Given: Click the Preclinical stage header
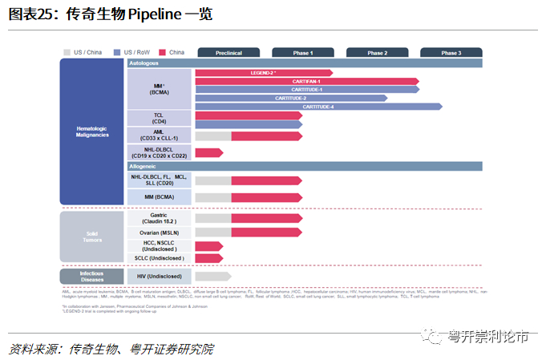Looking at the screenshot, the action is tap(229, 53).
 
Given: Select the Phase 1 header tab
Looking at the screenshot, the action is tap(303, 53).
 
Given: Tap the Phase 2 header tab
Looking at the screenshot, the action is tap(377, 53).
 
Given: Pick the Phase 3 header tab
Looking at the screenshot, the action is tap(451, 53).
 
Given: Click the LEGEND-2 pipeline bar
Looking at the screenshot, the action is tap(263, 73).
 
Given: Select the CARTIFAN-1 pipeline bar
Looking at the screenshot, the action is tap(306, 81).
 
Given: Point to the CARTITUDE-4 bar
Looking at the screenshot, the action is tap(317, 107).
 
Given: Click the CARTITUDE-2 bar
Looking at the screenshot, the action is tap(290, 98).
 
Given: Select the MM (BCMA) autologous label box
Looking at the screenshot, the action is tap(159, 89).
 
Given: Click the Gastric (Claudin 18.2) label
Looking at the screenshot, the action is tap(159, 218).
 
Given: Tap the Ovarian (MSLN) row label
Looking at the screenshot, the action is tap(159, 233).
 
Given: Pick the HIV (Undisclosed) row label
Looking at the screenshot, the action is tap(159, 276).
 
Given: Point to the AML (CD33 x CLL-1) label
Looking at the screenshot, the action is tap(159, 136).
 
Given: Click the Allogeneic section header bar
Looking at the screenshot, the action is tap(305, 166).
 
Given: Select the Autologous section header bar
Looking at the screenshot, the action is tap(305, 63).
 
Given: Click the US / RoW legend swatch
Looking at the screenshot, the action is tap(119, 53).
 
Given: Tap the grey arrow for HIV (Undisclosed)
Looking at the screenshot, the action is tap(212, 276).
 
